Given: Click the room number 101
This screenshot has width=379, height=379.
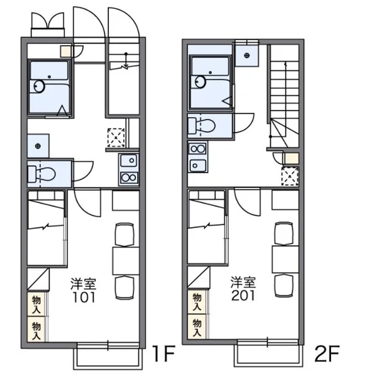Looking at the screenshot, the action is (x=84, y=297).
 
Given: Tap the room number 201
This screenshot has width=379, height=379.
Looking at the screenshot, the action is (x=243, y=295).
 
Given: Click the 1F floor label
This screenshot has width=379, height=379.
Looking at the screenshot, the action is (x=164, y=353).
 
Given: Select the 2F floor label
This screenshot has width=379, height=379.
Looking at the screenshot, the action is (x=327, y=353).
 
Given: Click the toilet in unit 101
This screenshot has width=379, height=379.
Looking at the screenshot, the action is (x=41, y=174).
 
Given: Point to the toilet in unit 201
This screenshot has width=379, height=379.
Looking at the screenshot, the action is (x=202, y=126).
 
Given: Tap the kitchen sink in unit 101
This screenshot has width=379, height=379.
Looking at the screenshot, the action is (x=129, y=160).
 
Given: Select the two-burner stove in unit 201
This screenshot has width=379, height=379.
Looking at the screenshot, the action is (x=198, y=149).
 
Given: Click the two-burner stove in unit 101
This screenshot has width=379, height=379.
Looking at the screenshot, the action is (x=129, y=178).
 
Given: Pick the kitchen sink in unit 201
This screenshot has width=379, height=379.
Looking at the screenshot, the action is (x=198, y=166).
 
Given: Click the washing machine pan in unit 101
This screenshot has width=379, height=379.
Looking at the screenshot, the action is (x=38, y=146).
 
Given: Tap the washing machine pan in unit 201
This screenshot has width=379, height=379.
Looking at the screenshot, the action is (x=247, y=55).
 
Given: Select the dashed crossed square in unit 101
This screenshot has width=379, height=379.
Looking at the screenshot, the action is (x=116, y=137).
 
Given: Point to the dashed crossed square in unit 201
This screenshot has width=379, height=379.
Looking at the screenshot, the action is (x=290, y=176).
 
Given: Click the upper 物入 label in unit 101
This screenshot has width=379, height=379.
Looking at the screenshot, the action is (x=37, y=304).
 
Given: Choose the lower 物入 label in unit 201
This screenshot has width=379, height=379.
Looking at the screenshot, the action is (x=197, y=328).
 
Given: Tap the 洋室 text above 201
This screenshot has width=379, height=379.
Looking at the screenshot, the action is (x=243, y=282).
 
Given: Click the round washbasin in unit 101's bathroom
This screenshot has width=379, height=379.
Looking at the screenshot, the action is (x=39, y=87).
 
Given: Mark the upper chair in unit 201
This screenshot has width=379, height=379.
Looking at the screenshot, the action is (x=284, y=233).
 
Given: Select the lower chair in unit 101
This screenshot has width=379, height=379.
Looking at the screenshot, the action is (x=125, y=287).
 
